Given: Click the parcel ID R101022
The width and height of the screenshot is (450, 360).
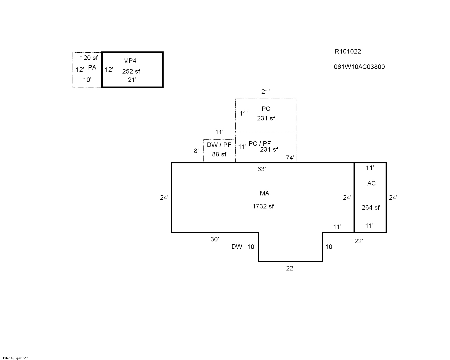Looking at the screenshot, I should tap(347, 51).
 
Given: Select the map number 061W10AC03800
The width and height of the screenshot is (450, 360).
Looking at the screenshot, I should tap(359, 67).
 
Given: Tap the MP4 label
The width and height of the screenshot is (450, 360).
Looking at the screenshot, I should tap(129, 61).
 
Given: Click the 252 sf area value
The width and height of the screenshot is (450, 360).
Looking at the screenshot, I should tap(131, 71).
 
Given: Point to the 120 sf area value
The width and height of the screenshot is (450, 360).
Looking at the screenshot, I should tap(89, 58).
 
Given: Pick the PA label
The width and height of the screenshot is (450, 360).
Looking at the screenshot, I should tap(92, 67).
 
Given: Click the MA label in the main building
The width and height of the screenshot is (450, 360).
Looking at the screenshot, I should tap(264, 193).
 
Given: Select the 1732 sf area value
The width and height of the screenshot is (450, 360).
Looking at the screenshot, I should tap(263, 206).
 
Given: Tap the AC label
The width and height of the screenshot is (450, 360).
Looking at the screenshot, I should tap(371, 183).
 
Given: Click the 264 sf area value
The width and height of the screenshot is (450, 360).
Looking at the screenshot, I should tap(370, 208).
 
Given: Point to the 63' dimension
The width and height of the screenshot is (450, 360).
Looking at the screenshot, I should tap(261, 169).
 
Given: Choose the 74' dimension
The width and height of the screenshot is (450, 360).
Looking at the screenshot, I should tap(290, 158).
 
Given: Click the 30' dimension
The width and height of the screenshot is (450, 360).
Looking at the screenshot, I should tap(215, 239).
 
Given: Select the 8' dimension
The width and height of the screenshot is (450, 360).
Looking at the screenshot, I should tap(197, 151).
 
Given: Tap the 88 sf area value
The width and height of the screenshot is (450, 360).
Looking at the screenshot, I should tap(219, 154).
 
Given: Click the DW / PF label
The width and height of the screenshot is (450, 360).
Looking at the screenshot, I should tap(219, 145).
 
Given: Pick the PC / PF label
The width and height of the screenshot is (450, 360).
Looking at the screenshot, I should tap(259, 144).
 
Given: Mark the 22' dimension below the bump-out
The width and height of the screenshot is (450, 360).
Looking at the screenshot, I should tap(290, 268).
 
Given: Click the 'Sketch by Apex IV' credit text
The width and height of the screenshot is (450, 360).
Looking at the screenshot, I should tap(15, 358).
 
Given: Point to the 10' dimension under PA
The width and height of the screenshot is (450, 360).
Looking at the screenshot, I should tap(87, 80).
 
